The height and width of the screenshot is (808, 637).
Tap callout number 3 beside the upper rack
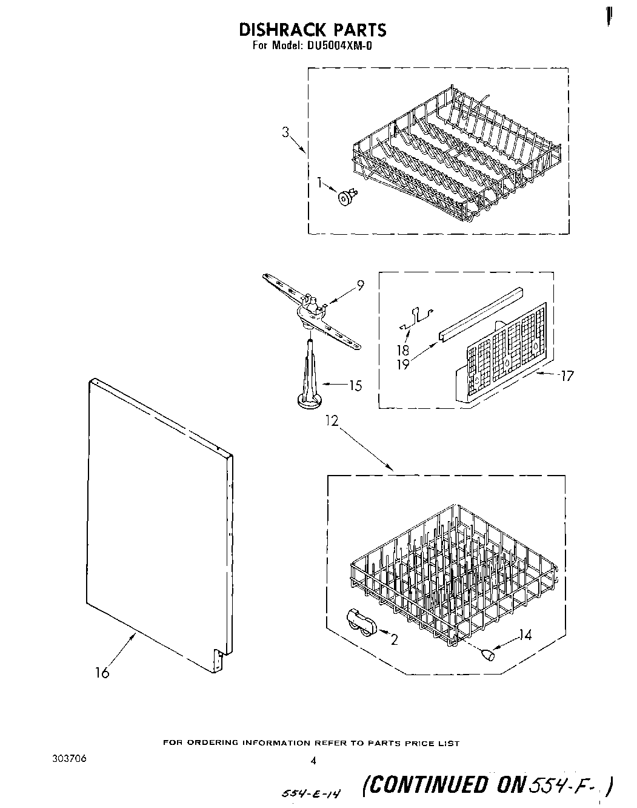click(286, 132)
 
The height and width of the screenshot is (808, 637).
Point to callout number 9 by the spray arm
click(360, 284)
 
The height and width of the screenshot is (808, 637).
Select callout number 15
click(355, 385)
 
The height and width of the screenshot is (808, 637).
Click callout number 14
click(525, 636)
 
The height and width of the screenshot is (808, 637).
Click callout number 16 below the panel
click(102, 673)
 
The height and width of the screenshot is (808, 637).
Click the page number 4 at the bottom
click(313, 760)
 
